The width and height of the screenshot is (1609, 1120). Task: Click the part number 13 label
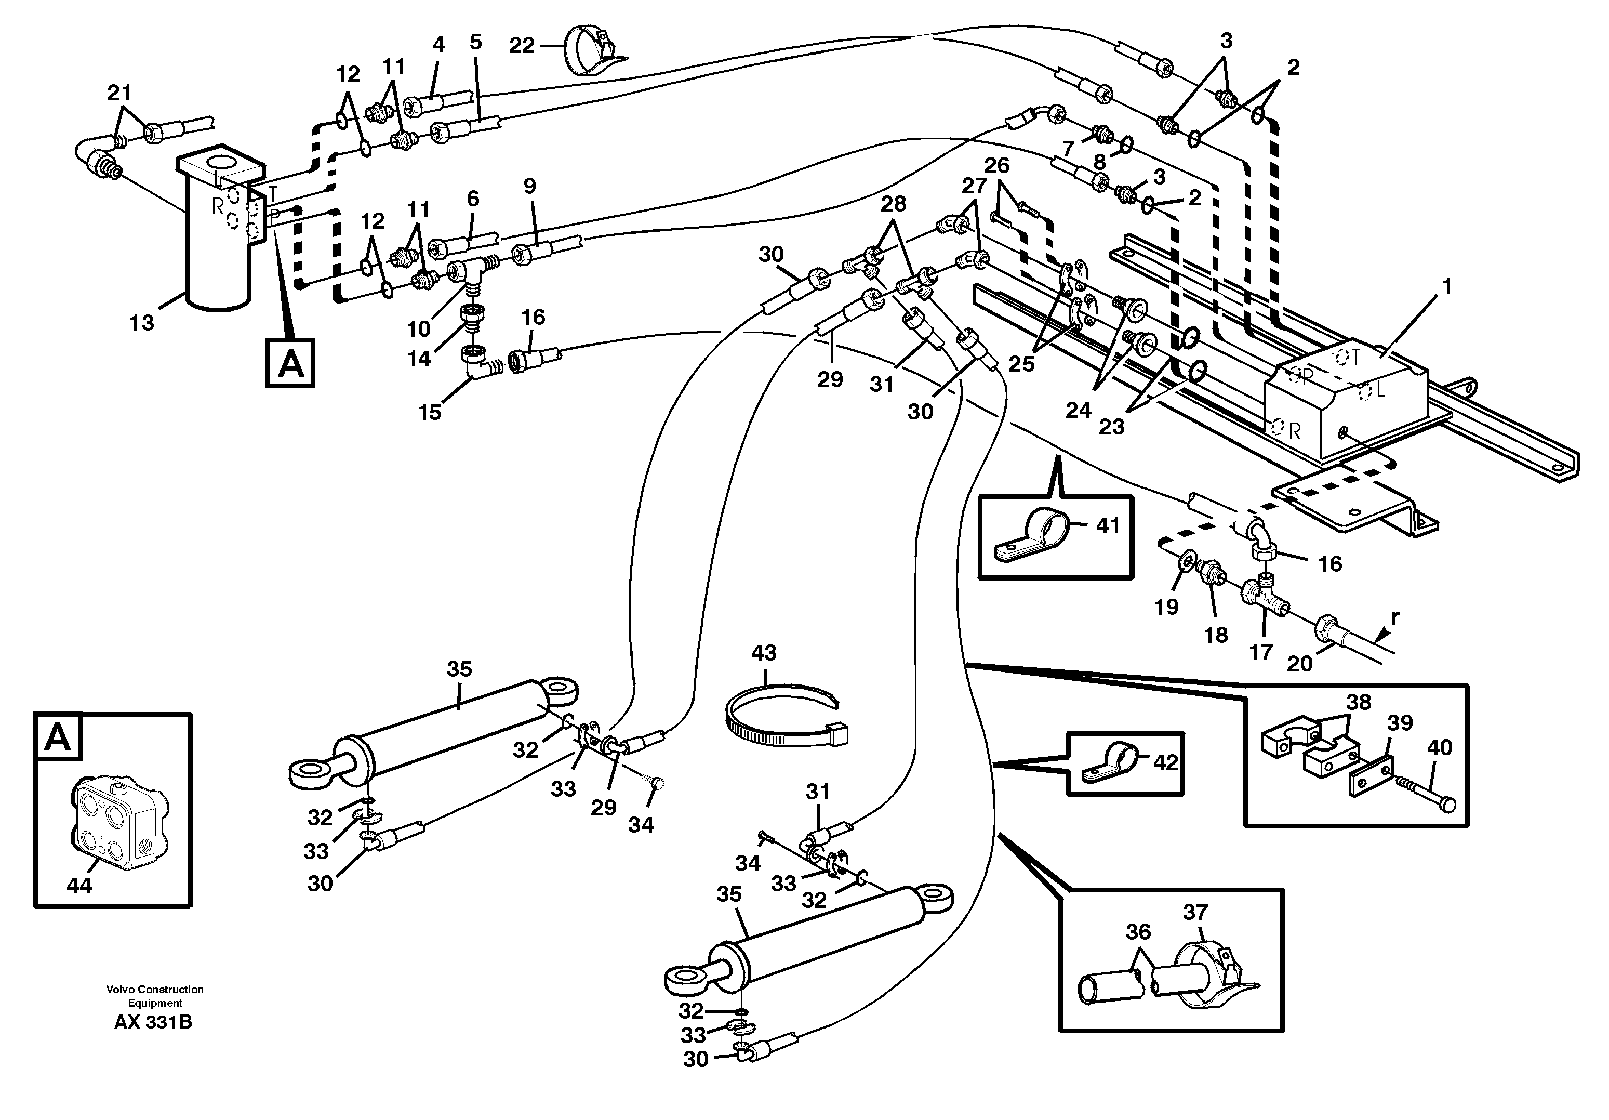point(141,323)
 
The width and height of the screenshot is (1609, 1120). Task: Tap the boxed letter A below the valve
point(290,363)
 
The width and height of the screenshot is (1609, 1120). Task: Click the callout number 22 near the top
point(522,46)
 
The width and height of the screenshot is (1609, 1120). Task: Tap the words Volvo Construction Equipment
point(155,996)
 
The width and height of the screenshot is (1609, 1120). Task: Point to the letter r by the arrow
point(1394,617)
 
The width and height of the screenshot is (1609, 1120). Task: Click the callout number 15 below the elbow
point(430,412)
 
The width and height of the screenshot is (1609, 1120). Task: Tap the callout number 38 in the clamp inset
point(1359,702)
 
